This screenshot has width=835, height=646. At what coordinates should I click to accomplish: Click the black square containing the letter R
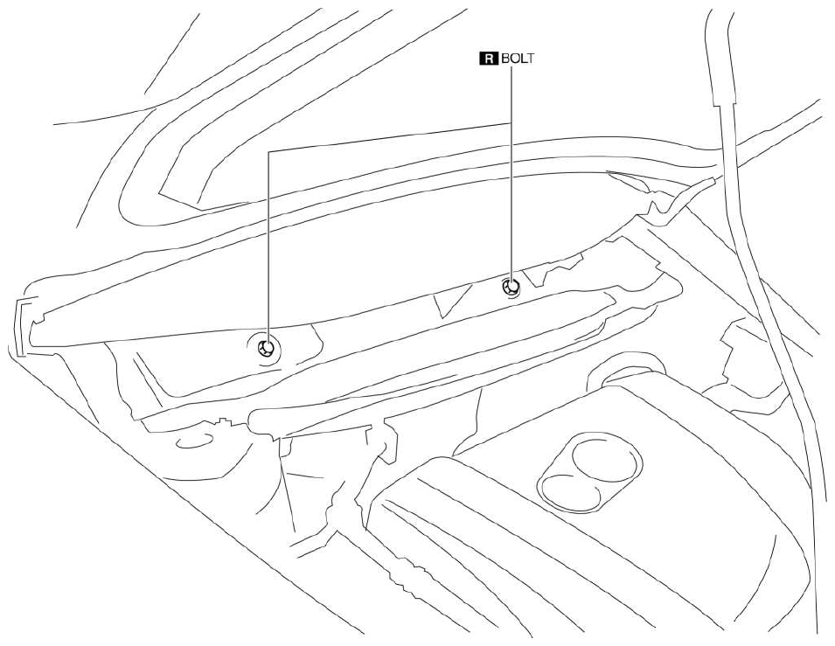click(490, 58)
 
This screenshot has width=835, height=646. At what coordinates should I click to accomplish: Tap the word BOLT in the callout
click(517, 58)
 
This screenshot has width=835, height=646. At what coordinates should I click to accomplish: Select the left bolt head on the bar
click(266, 349)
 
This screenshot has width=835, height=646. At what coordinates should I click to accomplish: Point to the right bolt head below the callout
click(511, 288)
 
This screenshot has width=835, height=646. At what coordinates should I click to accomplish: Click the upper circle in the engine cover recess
click(607, 459)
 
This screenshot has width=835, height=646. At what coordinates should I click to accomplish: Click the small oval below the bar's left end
click(194, 441)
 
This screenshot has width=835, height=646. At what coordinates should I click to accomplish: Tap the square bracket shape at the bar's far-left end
click(19, 326)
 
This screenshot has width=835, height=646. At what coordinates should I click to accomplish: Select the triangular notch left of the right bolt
click(451, 300)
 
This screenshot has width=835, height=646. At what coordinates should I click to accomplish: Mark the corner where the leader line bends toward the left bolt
click(269, 152)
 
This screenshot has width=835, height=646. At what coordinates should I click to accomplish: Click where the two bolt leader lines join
click(511, 123)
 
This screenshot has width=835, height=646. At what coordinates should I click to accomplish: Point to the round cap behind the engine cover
click(627, 372)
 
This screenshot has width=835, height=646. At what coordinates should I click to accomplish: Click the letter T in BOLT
click(529, 58)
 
